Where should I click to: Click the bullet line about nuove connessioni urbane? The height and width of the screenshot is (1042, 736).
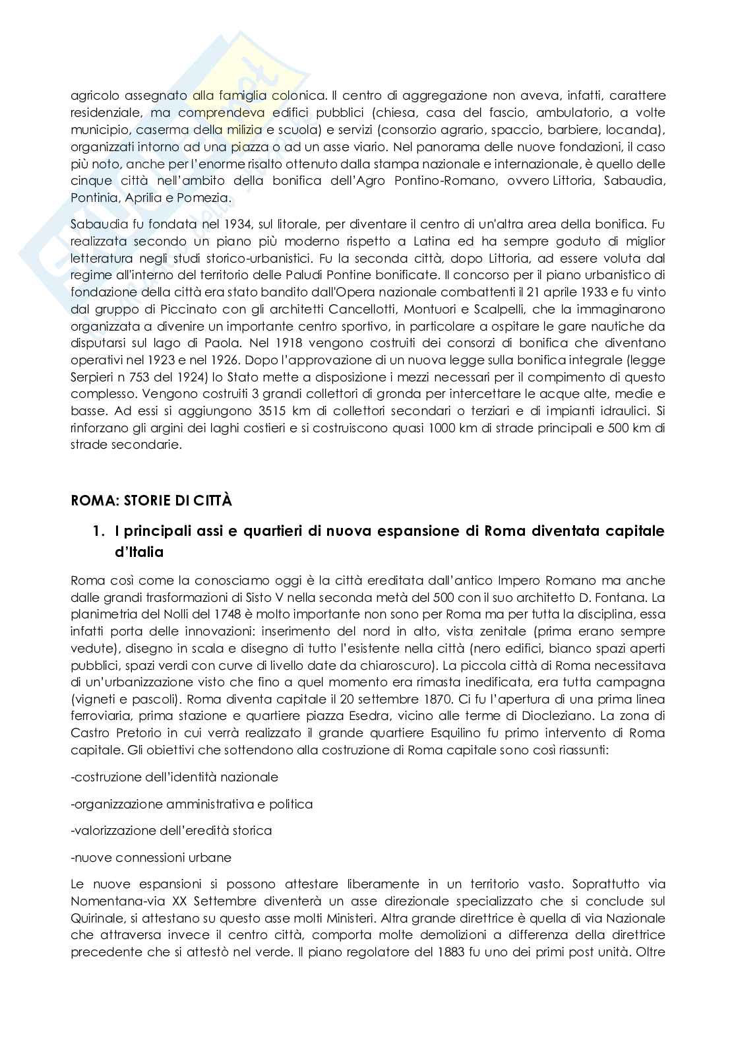(151, 858)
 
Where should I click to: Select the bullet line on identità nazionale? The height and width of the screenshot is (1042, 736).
(174, 777)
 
